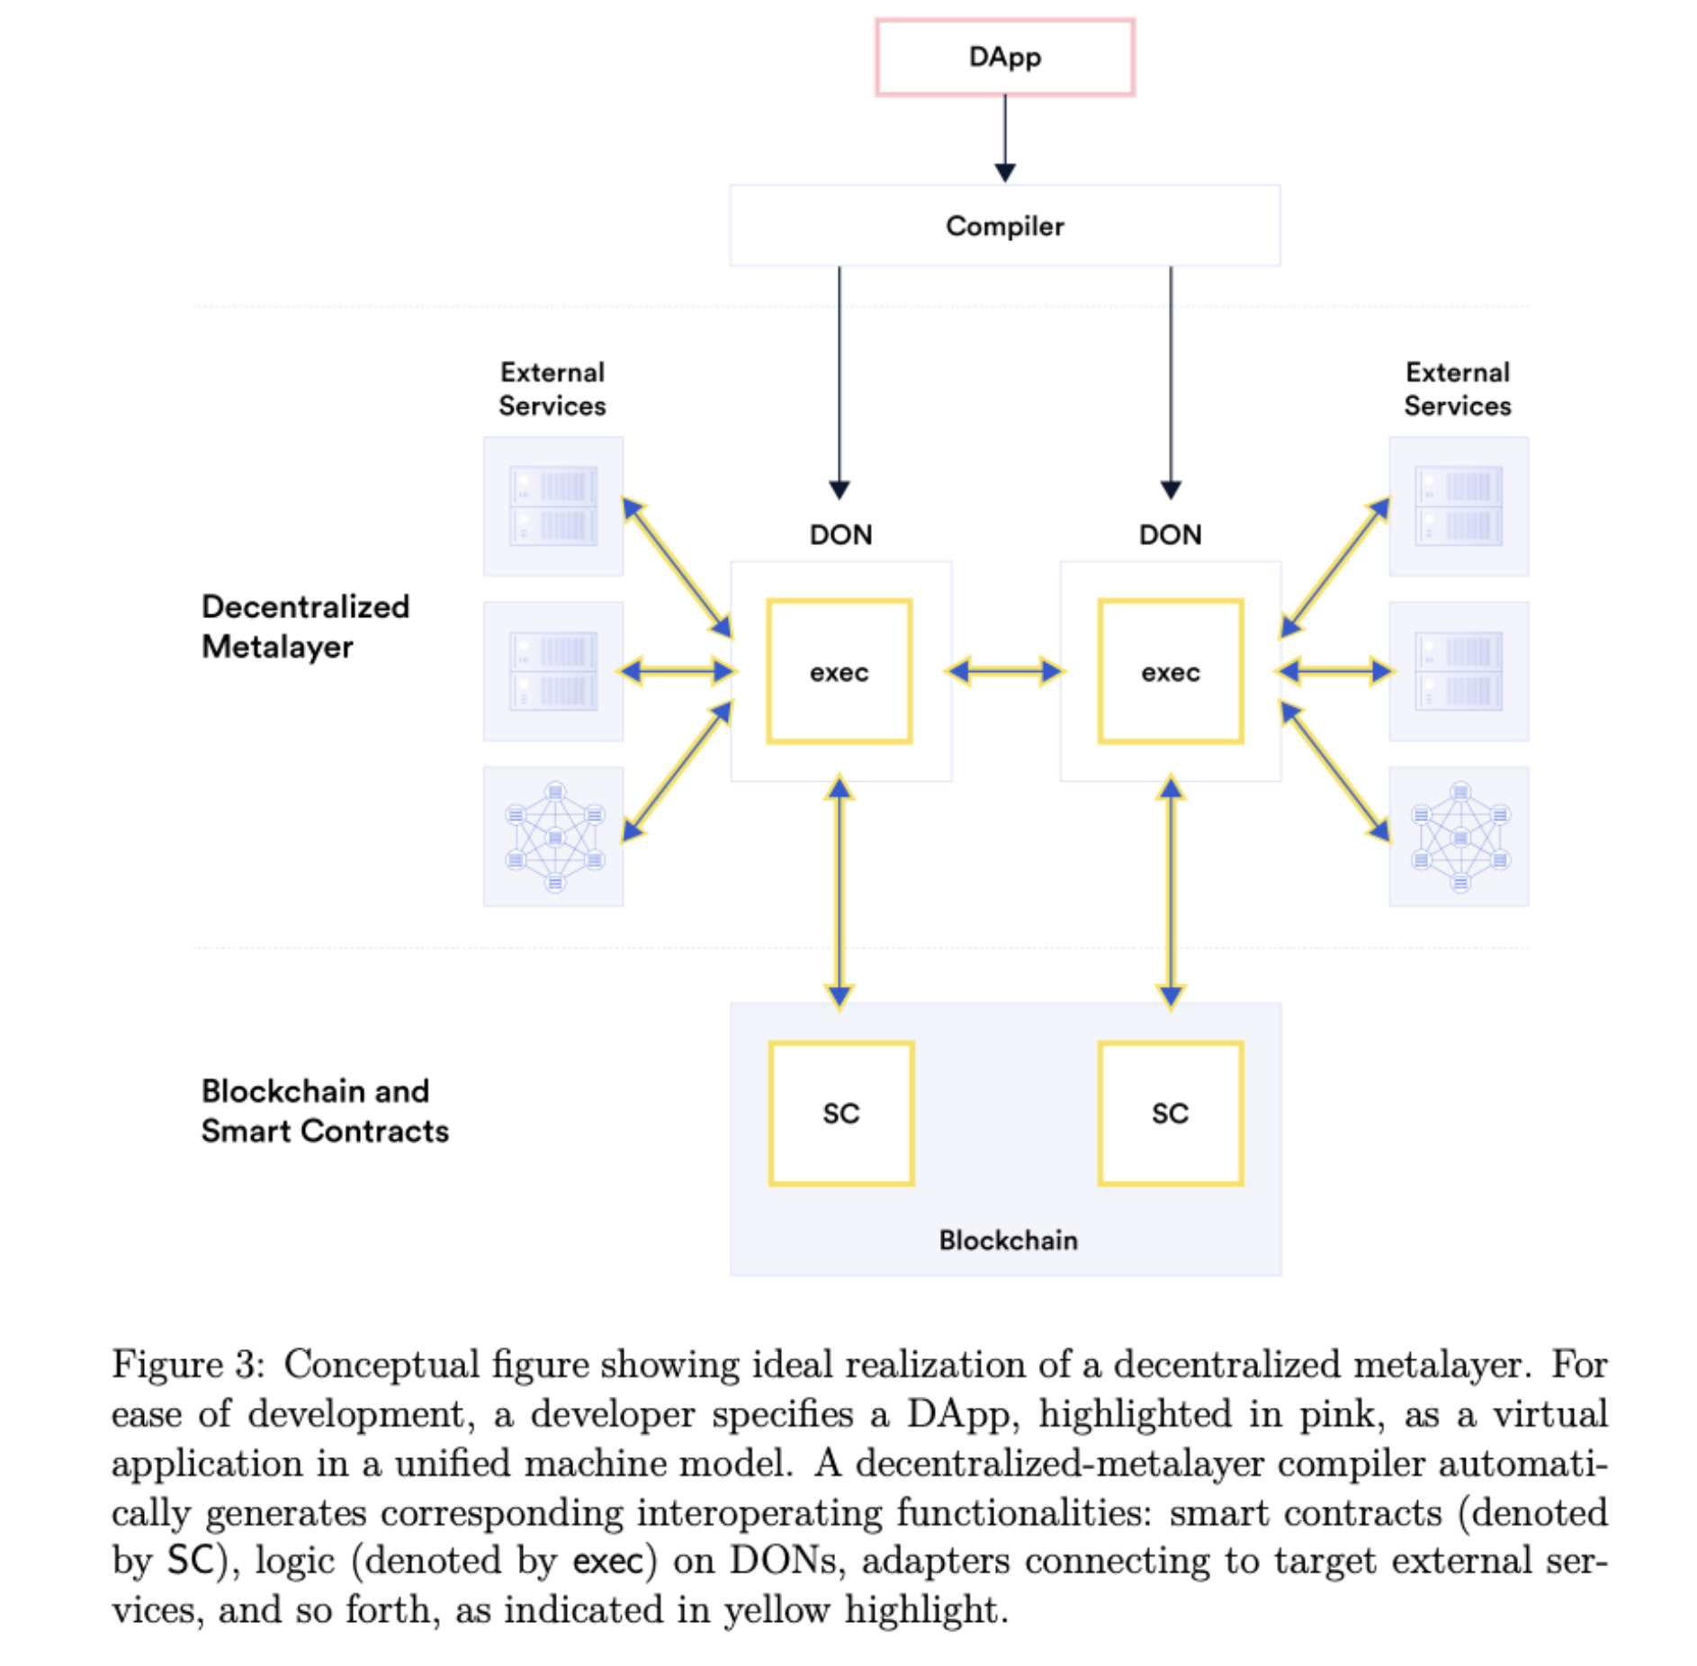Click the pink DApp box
1004,57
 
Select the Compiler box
1004,226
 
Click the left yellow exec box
839,671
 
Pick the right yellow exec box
1170,671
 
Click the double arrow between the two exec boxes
1005,671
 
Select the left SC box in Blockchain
840,1113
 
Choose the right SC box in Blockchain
1170,1113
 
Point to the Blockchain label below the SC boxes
1008,1241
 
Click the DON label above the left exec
840,534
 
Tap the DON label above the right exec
1170,534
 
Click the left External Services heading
552,389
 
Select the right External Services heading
1458,389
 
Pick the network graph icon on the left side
554,837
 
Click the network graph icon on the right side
1459,837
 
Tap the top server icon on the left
553,506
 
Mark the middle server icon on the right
1459,671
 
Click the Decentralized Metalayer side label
305,626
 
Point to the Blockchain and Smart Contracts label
324,1110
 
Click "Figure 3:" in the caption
188,1365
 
